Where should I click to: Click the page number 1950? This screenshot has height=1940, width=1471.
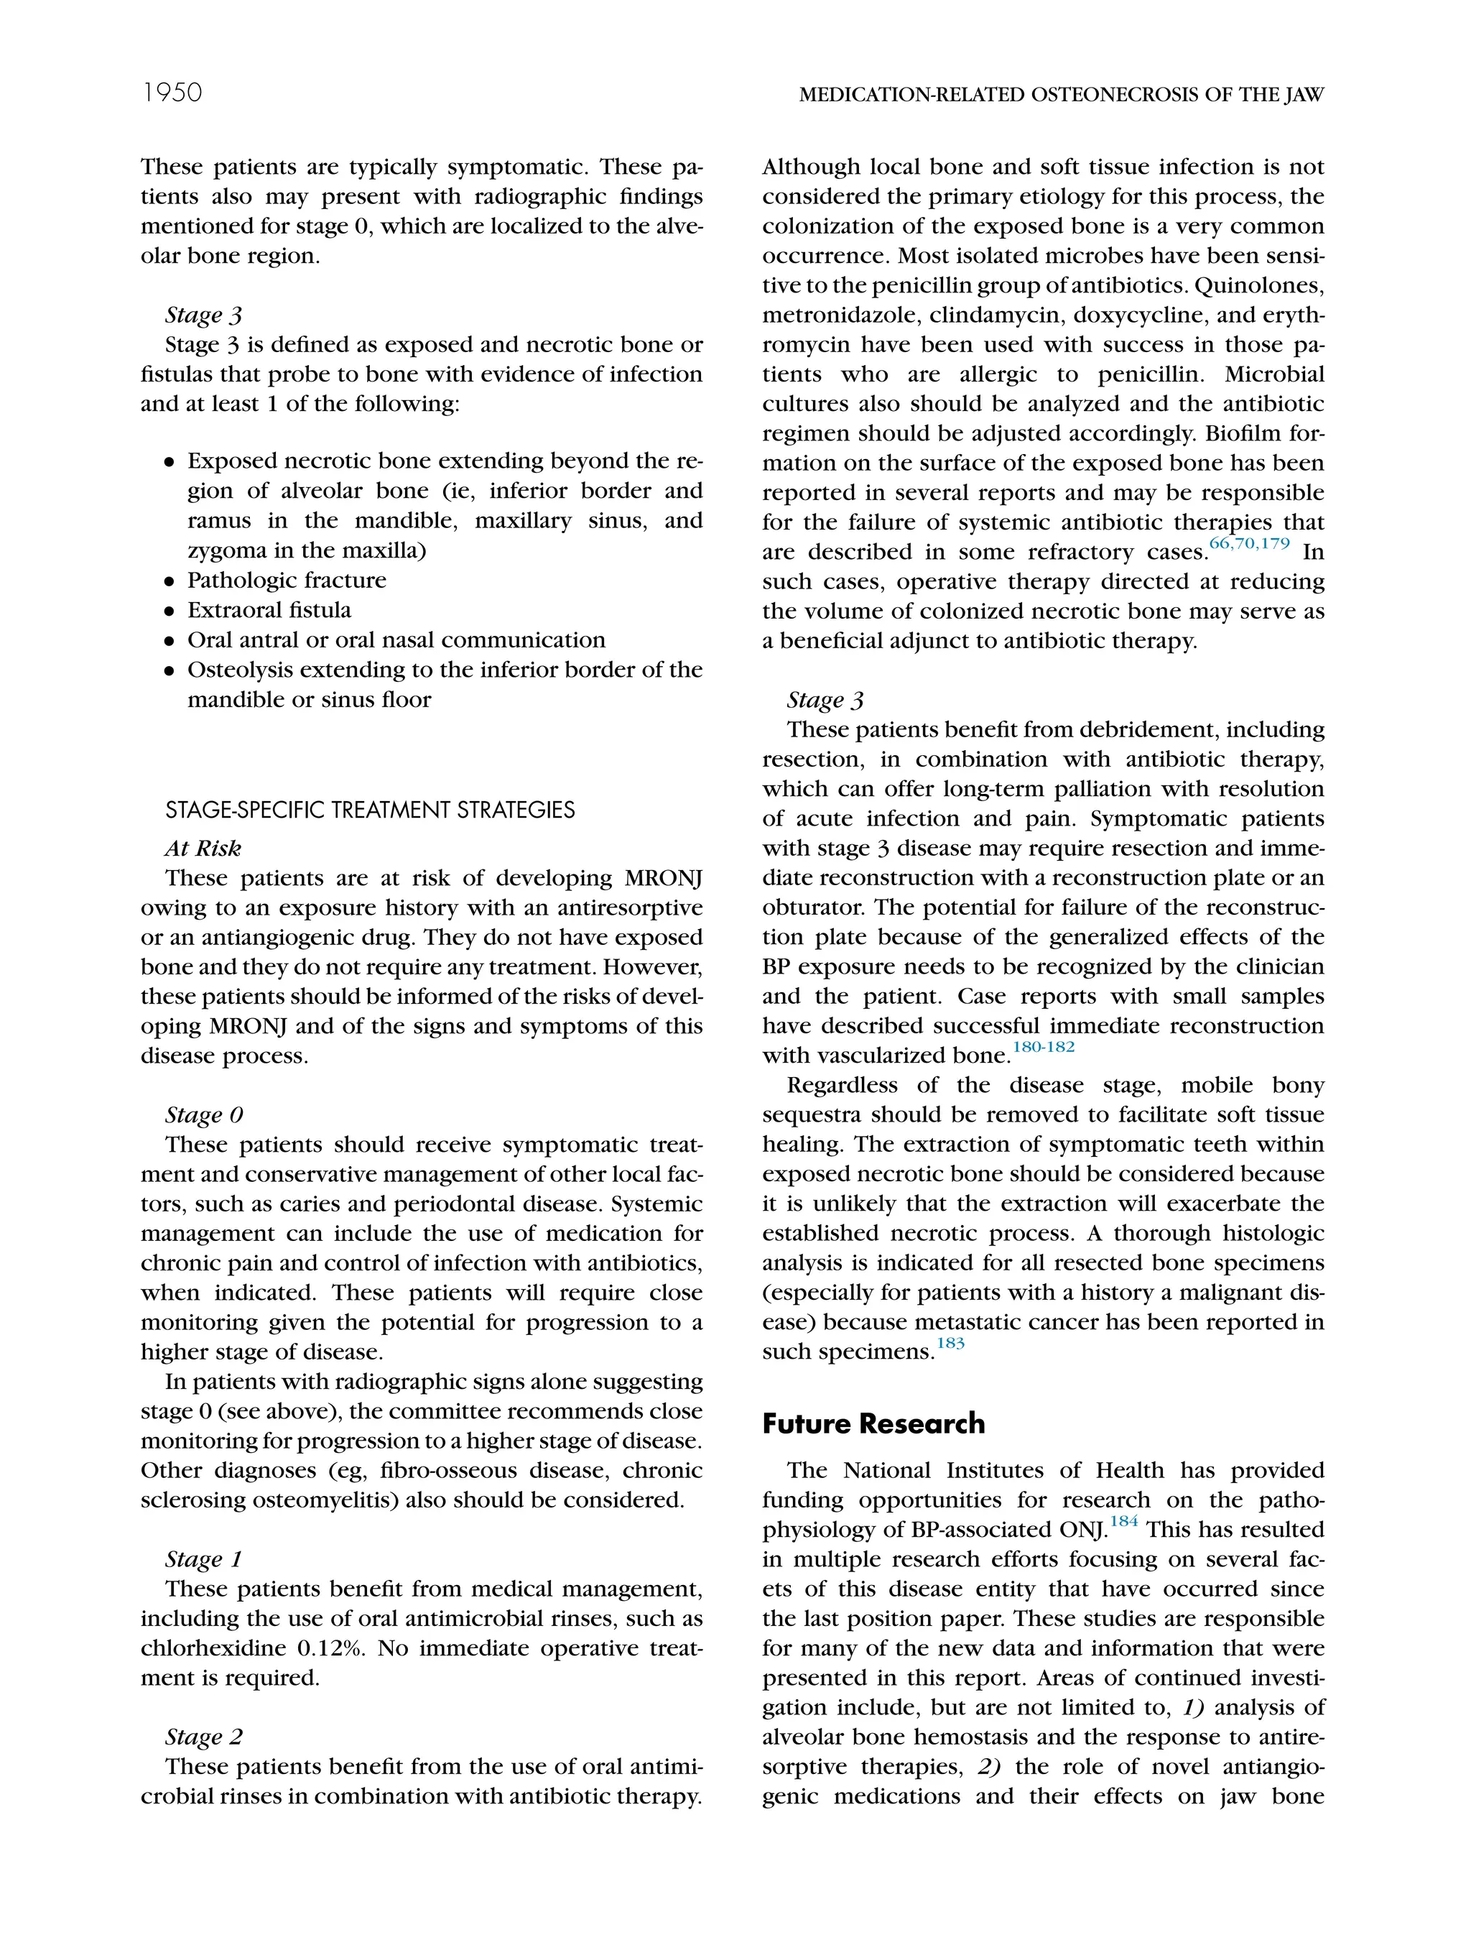tap(172, 93)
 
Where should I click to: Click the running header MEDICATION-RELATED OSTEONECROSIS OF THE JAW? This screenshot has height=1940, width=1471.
tap(1061, 95)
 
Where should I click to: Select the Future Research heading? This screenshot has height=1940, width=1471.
tap(873, 1423)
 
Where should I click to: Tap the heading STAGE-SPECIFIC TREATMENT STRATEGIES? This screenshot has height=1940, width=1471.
tap(370, 810)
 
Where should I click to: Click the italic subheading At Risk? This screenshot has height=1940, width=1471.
tap(203, 848)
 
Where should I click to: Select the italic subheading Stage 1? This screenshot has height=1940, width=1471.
tap(203, 1558)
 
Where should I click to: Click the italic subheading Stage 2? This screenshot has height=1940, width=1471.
tap(203, 1737)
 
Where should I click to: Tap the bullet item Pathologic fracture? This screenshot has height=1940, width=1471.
tap(287, 581)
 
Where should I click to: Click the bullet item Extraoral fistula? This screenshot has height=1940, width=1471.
tap(269, 611)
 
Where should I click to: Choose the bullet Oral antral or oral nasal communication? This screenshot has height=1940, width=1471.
tap(396, 640)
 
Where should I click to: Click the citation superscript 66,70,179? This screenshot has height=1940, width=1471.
tap(1249, 544)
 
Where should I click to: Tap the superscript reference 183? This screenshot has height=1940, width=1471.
tap(950, 1344)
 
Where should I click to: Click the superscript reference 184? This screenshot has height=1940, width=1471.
tap(1124, 1522)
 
